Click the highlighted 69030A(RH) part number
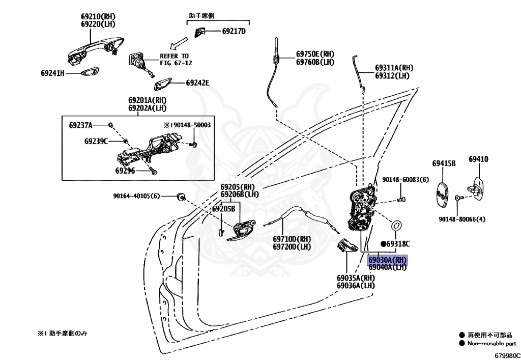[x=388, y=260]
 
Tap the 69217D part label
[x=234, y=32]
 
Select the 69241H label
[x=53, y=73]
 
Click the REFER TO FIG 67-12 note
[x=174, y=59]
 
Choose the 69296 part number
[x=124, y=171]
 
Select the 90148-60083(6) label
[x=406, y=180]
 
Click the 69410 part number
[x=478, y=159]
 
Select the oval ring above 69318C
[x=396, y=224]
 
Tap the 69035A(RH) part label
[x=355, y=278]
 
